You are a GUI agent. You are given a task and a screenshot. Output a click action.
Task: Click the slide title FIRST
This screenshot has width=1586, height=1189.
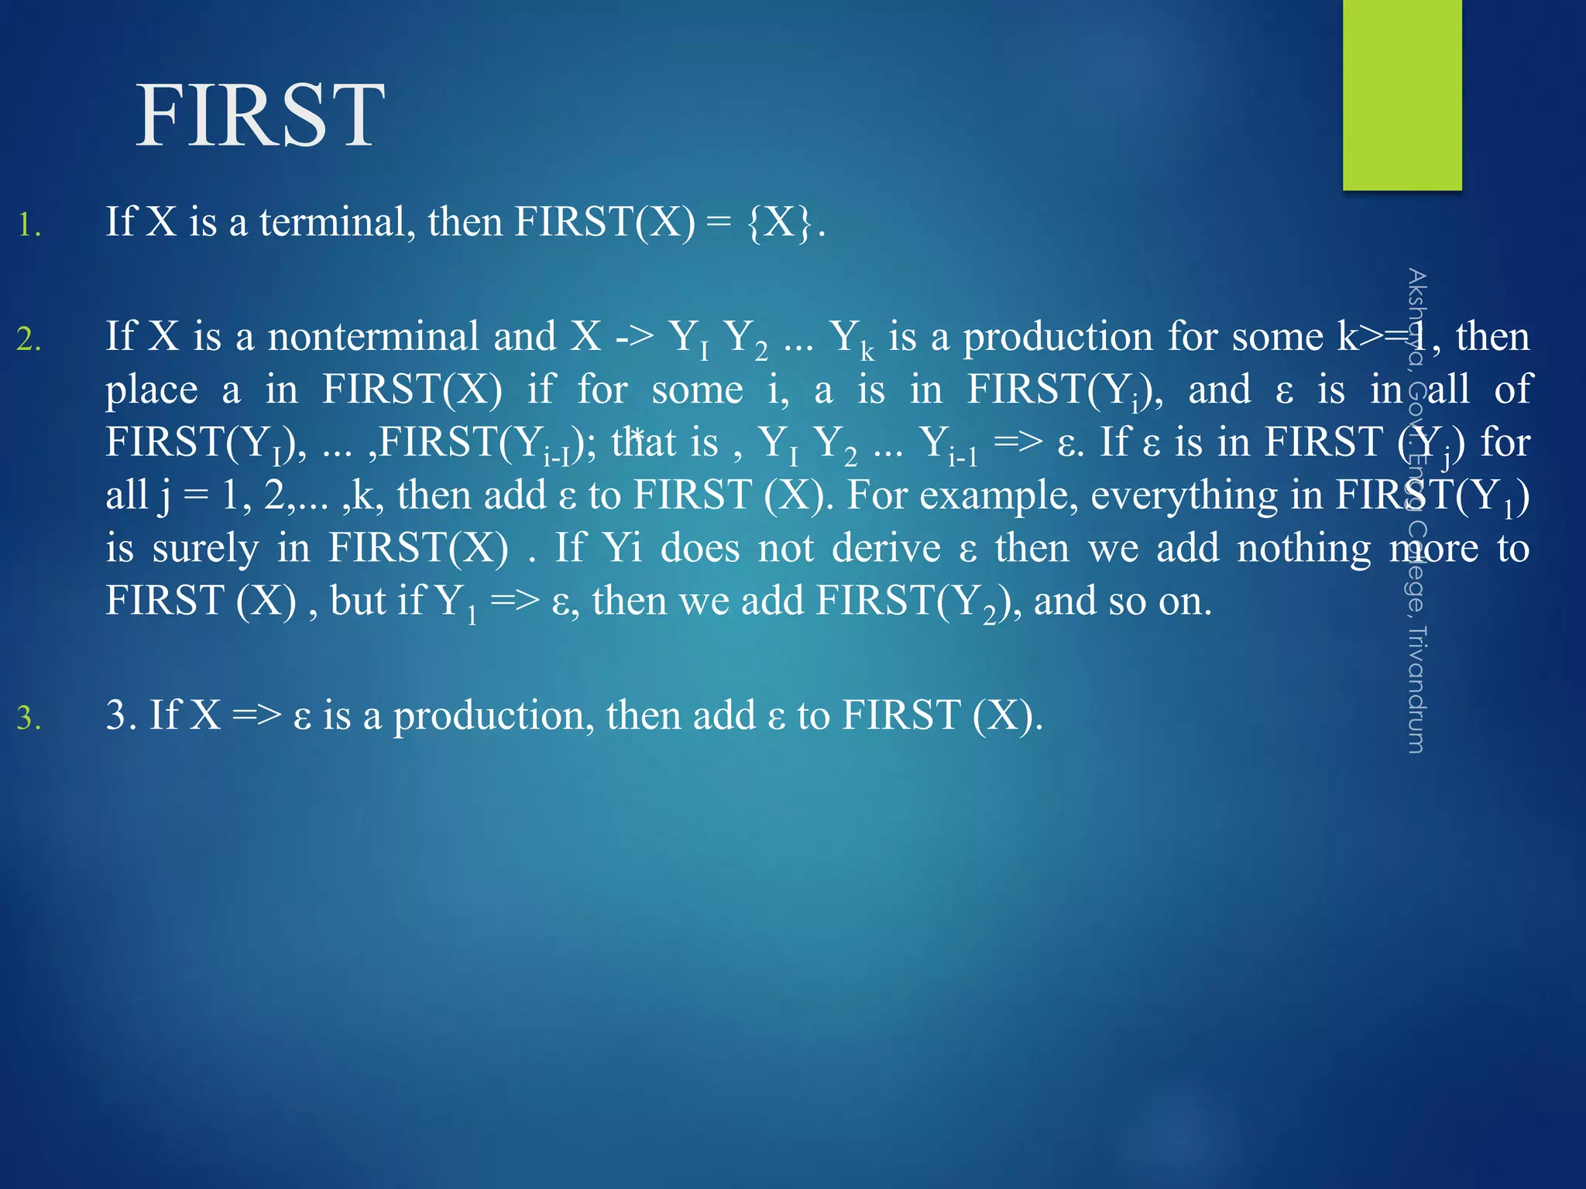point(260,116)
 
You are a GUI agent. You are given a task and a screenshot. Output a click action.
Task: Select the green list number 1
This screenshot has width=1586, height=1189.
point(29,225)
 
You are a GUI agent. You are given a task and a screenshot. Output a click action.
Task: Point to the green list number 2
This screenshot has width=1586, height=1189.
point(29,339)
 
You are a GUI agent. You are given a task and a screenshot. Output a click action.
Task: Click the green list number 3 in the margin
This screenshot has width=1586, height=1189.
point(29,718)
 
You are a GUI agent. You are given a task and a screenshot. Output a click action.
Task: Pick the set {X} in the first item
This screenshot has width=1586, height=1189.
point(781,222)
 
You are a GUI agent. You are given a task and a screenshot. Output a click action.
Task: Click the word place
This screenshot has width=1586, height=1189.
point(152,389)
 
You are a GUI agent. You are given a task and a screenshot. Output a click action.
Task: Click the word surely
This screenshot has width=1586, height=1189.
point(205,549)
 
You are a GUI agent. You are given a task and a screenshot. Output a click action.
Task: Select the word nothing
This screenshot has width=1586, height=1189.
point(1303,548)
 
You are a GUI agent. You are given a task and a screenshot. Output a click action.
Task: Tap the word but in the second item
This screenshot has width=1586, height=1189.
point(357,601)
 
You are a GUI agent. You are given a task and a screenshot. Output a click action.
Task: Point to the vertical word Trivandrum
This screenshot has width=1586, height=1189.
point(1416,689)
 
